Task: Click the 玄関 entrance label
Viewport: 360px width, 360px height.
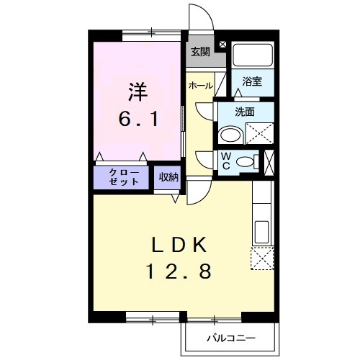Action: coord(200,51)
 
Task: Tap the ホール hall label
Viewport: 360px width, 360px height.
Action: coord(200,85)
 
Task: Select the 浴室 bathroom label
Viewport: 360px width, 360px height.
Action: coord(251,81)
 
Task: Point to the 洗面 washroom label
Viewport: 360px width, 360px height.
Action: coord(245,112)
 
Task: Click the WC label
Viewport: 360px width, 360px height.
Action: coord(225,161)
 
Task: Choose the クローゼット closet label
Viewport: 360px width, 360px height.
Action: coord(123,177)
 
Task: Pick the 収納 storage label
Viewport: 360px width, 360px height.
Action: coord(168,177)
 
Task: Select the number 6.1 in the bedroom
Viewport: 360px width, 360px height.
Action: coord(138,117)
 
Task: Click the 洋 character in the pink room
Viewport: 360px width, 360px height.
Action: coord(138,92)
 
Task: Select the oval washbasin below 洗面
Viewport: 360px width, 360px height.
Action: coord(231,135)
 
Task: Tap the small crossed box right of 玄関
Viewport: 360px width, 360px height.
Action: coord(222,45)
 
